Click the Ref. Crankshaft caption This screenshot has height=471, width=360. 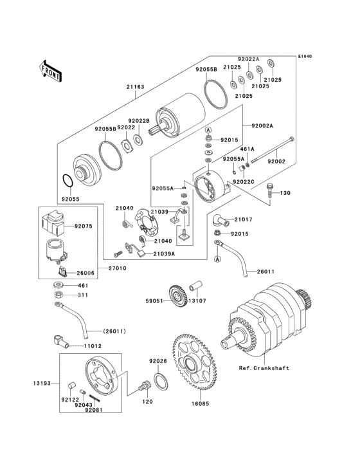pyautogui.click(x=264, y=369)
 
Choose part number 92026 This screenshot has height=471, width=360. pyautogui.click(x=158, y=361)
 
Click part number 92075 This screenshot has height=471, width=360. pyautogui.click(x=84, y=226)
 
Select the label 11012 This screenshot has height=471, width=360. pyautogui.click(x=93, y=346)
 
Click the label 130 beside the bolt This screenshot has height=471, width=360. pyautogui.click(x=285, y=193)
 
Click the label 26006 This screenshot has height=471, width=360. pyautogui.click(x=86, y=273)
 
